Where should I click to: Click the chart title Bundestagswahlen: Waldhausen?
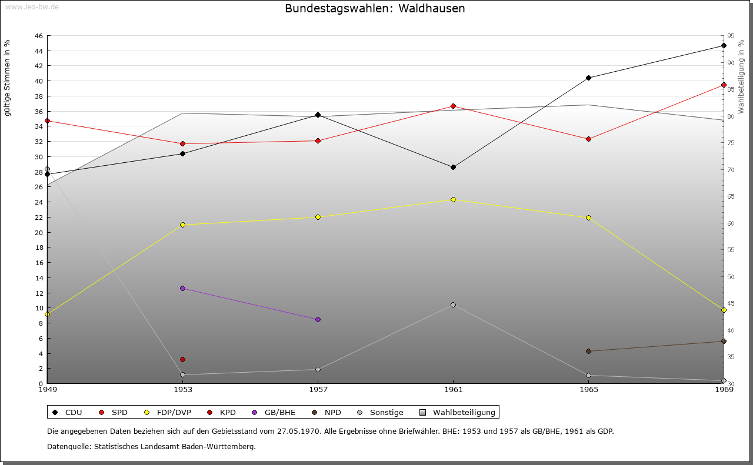tap(375, 9)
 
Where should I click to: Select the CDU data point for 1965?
tap(588, 78)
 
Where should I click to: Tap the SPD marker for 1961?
tap(453, 106)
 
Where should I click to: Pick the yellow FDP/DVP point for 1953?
tap(182, 225)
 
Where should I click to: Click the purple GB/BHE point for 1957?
tap(318, 319)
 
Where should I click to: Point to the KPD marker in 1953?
tap(182, 359)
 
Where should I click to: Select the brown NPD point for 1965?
tap(588, 351)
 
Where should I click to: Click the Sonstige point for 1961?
tap(453, 305)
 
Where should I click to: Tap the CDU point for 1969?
tap(724, 45)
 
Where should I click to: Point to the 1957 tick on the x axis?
tap(318, 389)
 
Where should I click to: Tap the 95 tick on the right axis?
tap(730, 36)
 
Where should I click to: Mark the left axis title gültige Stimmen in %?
tap(8, 78)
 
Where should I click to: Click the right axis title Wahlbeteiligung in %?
tap(741, 76)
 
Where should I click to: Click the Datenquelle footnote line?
tap(151, 447)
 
